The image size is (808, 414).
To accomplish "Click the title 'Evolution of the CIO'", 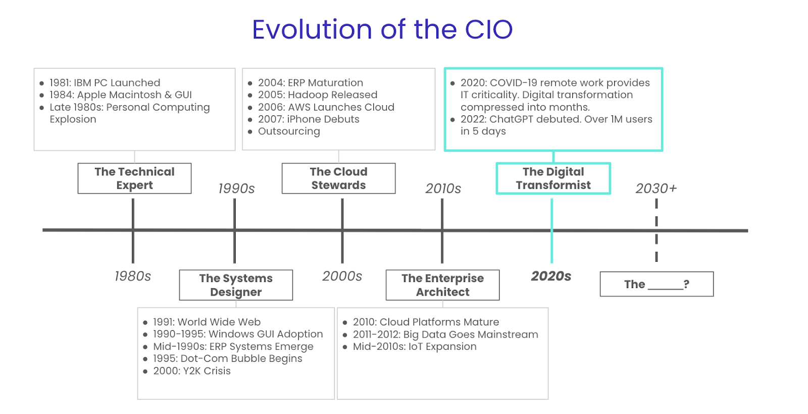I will point(382,29).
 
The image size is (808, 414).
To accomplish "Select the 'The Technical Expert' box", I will point(134,178).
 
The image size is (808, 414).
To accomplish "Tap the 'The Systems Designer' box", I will point(236,285).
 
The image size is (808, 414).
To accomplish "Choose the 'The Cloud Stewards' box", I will point(338,178).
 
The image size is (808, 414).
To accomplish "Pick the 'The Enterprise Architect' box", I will point(442,285).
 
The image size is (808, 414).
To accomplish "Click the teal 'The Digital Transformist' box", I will point(553,178).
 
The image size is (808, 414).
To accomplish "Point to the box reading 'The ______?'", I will point(656,284).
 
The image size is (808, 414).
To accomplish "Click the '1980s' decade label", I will point(133,276).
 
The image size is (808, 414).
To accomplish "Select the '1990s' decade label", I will point(236,189).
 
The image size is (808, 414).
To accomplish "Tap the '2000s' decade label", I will point(342,276).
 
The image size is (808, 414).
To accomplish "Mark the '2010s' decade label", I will point(443,189).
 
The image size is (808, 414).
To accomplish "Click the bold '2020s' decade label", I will point(551,276).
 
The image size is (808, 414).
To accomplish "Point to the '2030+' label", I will point(656,189).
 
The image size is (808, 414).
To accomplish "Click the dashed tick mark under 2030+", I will point(656,230).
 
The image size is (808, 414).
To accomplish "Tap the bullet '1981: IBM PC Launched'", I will point(105,83).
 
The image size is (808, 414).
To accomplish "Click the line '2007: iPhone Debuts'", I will point(309,119).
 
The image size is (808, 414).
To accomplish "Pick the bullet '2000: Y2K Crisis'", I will point(192,371).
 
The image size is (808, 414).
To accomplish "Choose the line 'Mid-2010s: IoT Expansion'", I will point(415,347).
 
